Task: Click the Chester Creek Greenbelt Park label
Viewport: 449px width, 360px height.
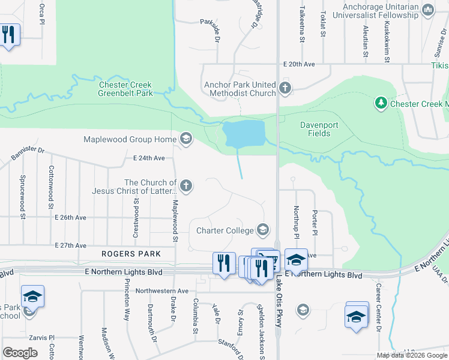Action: point(125,89)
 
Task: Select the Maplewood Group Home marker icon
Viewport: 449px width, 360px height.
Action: point(185,139)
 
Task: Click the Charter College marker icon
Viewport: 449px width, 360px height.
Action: point(262,229)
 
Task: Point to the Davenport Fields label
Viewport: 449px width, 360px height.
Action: point(315,129)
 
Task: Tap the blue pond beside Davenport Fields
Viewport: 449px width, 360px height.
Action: point(243,133)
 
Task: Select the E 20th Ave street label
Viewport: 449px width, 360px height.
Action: point(300,64)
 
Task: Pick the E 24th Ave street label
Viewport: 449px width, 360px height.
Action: point(149,158)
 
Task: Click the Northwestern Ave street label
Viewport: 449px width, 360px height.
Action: point(162,291)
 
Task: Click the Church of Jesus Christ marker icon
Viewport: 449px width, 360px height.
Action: point(186,186)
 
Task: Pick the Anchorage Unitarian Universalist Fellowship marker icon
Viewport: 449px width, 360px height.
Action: point(428,10)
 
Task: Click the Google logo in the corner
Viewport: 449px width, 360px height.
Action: point(20,353)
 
